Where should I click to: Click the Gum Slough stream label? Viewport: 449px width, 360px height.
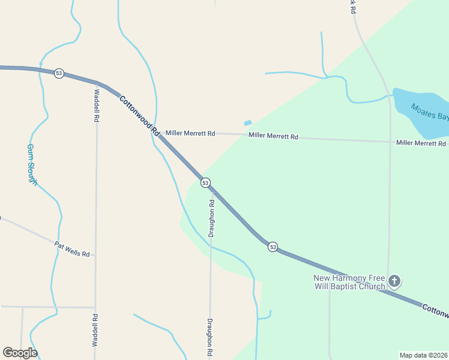[32, 164]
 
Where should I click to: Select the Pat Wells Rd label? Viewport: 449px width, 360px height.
[71, 249]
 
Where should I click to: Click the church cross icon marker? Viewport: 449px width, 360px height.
[394, 281]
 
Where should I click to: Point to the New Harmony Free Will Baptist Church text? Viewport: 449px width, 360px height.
[349, 282]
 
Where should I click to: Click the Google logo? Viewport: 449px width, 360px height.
[20, 353]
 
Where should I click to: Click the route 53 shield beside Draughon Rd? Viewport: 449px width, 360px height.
[205, 182]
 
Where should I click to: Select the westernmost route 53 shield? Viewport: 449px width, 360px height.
[58, 73]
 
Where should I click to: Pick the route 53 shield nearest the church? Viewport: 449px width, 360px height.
[273, 247]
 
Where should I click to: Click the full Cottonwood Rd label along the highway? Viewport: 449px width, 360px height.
[139, 115]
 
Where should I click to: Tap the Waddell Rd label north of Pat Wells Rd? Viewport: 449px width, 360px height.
[96, 106]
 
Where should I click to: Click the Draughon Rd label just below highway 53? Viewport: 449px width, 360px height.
[211, 218]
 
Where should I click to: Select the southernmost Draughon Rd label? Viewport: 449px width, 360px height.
[210, 338]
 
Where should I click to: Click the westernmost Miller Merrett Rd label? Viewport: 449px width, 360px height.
[190, 133]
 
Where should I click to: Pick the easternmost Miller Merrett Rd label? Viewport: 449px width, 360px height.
[421, 143]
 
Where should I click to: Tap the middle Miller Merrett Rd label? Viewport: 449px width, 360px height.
[273, 137]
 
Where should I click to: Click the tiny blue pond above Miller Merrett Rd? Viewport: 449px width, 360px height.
[248, 123]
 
